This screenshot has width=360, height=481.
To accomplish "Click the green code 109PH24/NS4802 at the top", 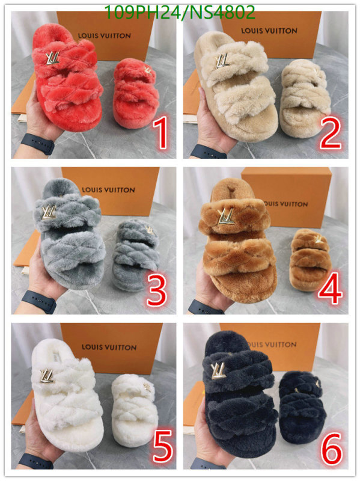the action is point(180,13).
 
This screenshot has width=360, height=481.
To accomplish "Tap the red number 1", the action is point(161,133).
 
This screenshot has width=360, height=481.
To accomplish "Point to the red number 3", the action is point(157,290).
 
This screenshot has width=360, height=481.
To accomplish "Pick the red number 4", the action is point(331,289).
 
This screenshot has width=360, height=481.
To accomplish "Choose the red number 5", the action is point(163,446).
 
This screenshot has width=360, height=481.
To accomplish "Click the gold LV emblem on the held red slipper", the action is point(52,58).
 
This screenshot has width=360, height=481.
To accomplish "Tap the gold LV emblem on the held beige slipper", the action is point(222,61).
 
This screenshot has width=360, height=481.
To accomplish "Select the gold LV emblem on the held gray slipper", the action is point(49,212).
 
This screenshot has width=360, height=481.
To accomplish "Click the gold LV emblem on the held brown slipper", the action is point(226,216).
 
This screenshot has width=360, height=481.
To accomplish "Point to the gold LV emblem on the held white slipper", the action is point(47,376).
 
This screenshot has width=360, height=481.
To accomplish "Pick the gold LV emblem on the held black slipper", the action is point(218,370).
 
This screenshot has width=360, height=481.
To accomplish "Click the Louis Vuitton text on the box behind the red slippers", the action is point(105,36).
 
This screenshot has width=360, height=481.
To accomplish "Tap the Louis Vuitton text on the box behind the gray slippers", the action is point(109,190).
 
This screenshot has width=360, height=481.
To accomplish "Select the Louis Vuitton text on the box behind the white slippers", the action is point(109,348).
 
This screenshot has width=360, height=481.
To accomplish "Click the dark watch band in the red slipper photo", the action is point(38,143).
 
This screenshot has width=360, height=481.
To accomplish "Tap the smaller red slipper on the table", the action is point(136,93).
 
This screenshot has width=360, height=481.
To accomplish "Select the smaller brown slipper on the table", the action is point(310,260).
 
